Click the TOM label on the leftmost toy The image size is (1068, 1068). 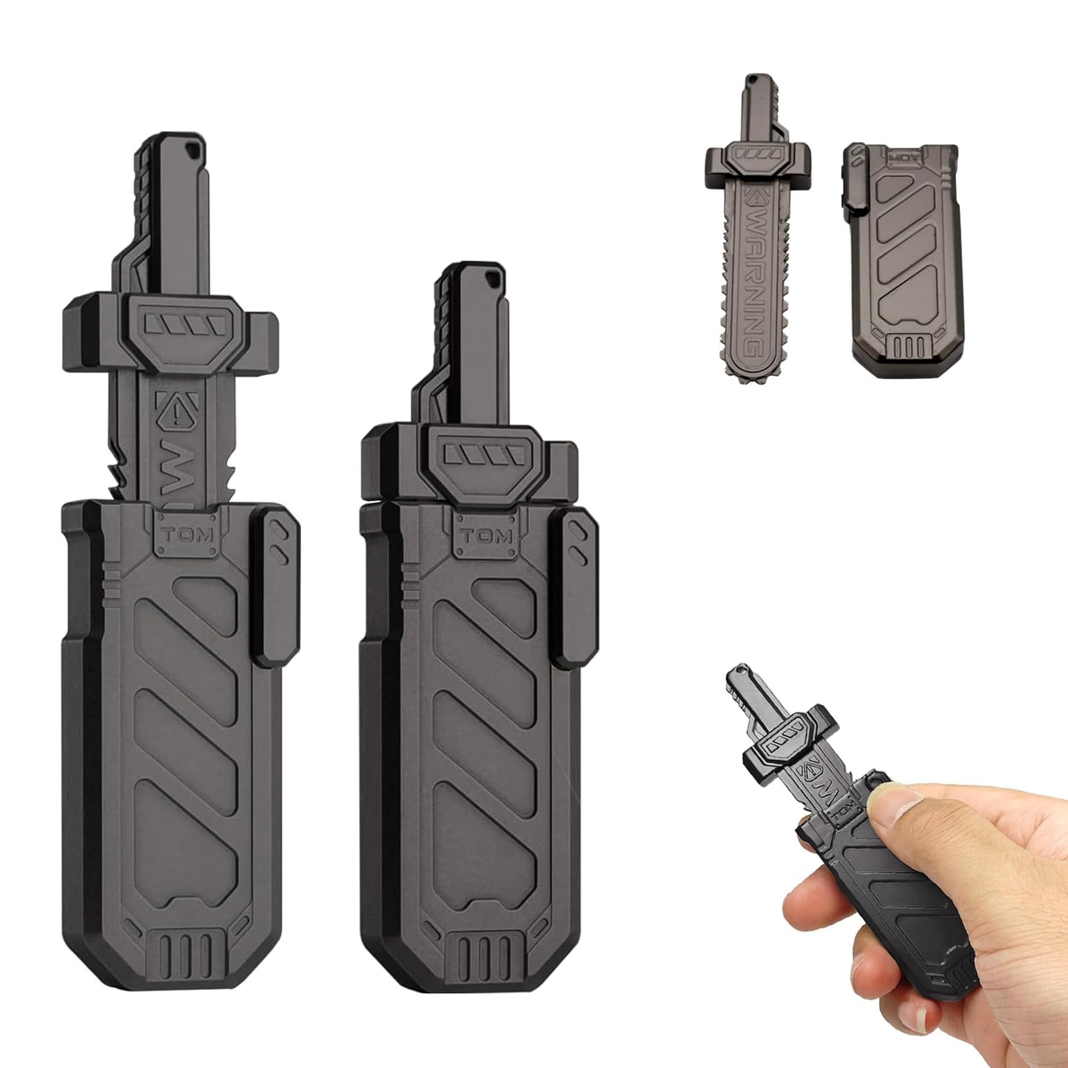pos(187,534)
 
